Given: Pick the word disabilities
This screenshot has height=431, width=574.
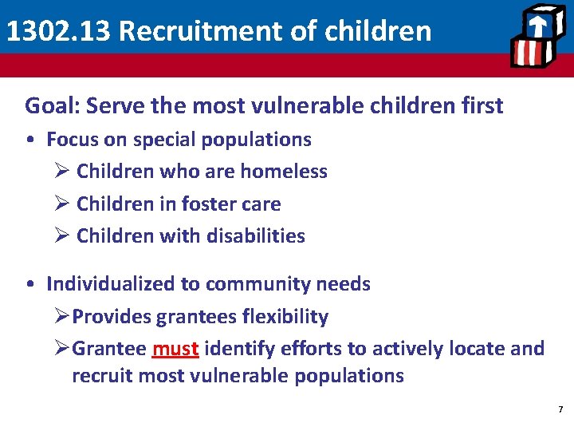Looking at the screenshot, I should tap(257, 236).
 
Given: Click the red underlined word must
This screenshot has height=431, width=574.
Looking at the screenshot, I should tap(175, 349).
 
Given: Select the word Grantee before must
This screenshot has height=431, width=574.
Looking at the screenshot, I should tap(109, 349).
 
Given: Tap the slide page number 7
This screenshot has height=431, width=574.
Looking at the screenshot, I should tap(560, 409).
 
